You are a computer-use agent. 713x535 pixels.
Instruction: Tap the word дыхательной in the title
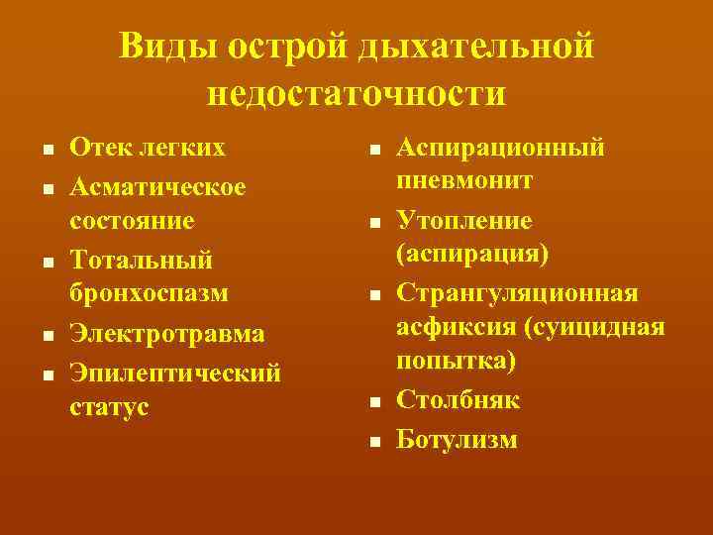pyautogui.click(x=477, y=46)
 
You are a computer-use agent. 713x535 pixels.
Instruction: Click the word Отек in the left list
pyautogui.click(x=98, y=149)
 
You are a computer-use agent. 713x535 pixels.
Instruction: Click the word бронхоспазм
pyautogui.click(x=149, y=295)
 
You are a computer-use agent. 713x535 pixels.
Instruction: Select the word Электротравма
pyautogui.click(x=166, y=333)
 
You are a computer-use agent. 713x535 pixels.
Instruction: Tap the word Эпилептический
pyautogui.click(x=174, y=373)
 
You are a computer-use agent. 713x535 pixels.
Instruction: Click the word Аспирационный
pyautogui.click(x=500, y=149)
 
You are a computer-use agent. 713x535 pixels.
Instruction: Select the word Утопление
pyautogui.click(x=463, y=220)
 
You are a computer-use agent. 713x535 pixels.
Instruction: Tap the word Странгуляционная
pyautogui.click(x=517, y=293)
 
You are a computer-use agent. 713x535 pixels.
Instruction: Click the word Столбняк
pyautogui.click(x=458, y=400)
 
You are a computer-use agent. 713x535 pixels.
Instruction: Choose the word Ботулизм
pyautogui.click(x=457, y=438)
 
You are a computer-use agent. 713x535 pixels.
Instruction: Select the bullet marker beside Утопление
pyautogui.click(x=375, y=224)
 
